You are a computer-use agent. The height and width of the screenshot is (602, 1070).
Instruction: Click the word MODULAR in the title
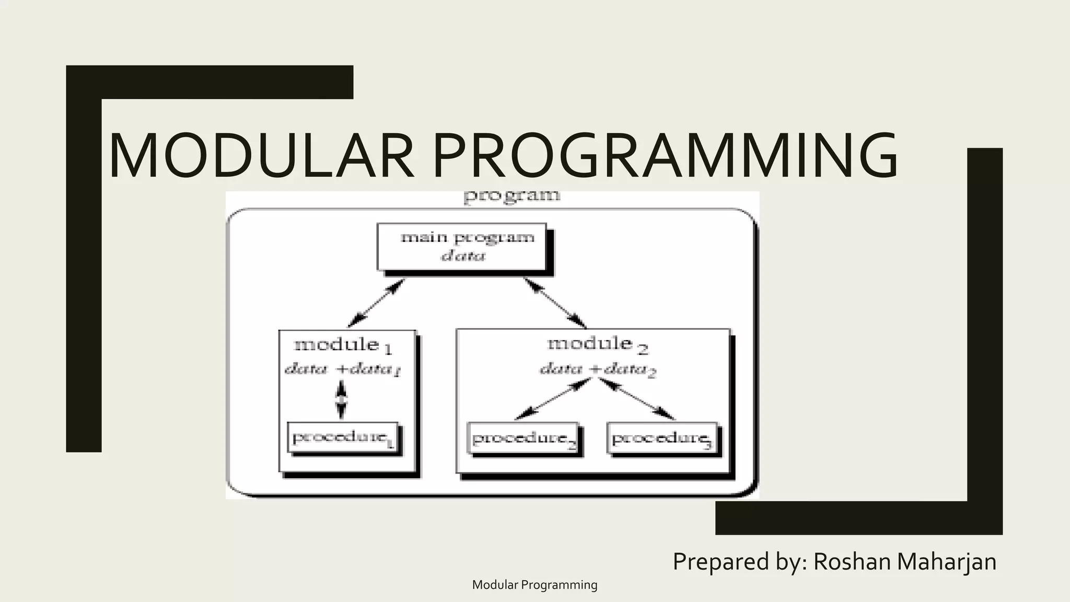tap(261, 156)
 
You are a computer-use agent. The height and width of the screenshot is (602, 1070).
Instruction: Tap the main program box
tap(462, 247)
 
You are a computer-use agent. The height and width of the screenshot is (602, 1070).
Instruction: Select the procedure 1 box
tap(343, 438)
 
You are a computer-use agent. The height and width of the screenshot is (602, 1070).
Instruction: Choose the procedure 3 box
tap(662, 438)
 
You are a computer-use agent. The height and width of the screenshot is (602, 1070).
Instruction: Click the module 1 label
tap(343, 345)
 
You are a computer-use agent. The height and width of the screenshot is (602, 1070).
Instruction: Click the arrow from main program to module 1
tap(376, 303)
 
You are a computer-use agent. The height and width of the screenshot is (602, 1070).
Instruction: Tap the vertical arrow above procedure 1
tap(341, 400)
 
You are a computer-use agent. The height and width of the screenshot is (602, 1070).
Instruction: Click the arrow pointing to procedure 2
tap(551, 400)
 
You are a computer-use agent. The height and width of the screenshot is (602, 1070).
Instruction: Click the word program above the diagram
tap(511, 196)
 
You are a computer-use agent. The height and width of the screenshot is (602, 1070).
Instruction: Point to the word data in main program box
tap(463, 256)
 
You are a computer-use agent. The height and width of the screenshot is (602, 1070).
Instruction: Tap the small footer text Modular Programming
tap(534, 585)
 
